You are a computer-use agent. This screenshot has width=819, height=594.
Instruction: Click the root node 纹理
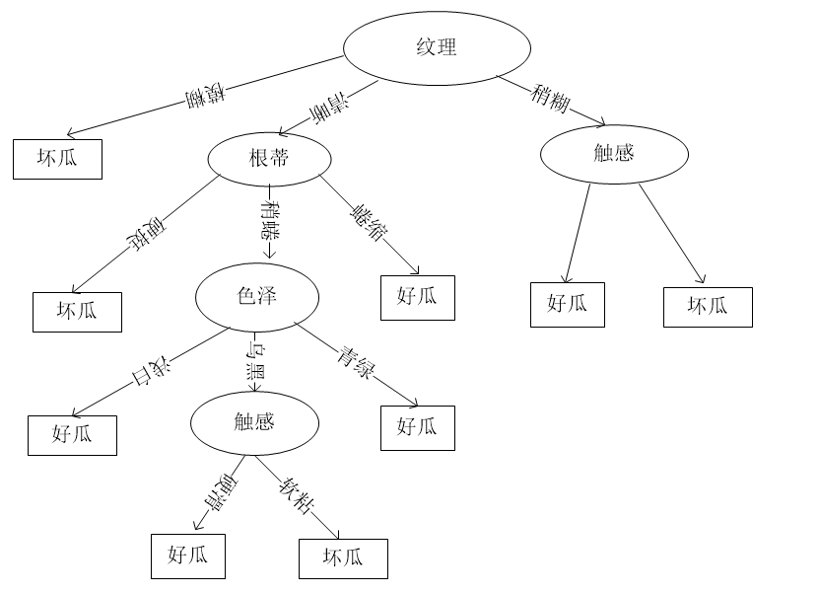[x=437, y=47]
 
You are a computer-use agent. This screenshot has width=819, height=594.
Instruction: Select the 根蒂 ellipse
[x=269, y=158]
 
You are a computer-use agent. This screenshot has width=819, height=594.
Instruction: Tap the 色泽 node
[x=257, y=296]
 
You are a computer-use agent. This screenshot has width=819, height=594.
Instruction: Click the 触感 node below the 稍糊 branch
[x=614, y=153]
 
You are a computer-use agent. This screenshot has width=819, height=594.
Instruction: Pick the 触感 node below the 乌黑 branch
[x=254, y=422]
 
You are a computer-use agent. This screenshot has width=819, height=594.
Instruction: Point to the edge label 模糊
[x=205, y=97]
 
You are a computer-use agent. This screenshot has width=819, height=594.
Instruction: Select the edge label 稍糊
[x=550, y=97]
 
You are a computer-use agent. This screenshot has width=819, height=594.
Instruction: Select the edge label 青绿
[x=357, y=362]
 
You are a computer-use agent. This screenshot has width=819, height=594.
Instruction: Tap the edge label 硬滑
[x=219, y=491]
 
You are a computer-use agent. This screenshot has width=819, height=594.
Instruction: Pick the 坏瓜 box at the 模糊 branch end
[x=57, y=158]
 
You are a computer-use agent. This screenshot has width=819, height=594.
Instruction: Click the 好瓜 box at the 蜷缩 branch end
[x=418, y=297]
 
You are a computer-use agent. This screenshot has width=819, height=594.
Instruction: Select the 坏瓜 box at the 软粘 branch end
[x=343, y=557]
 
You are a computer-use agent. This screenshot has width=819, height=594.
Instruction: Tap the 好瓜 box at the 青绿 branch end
[x=418, y=427]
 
